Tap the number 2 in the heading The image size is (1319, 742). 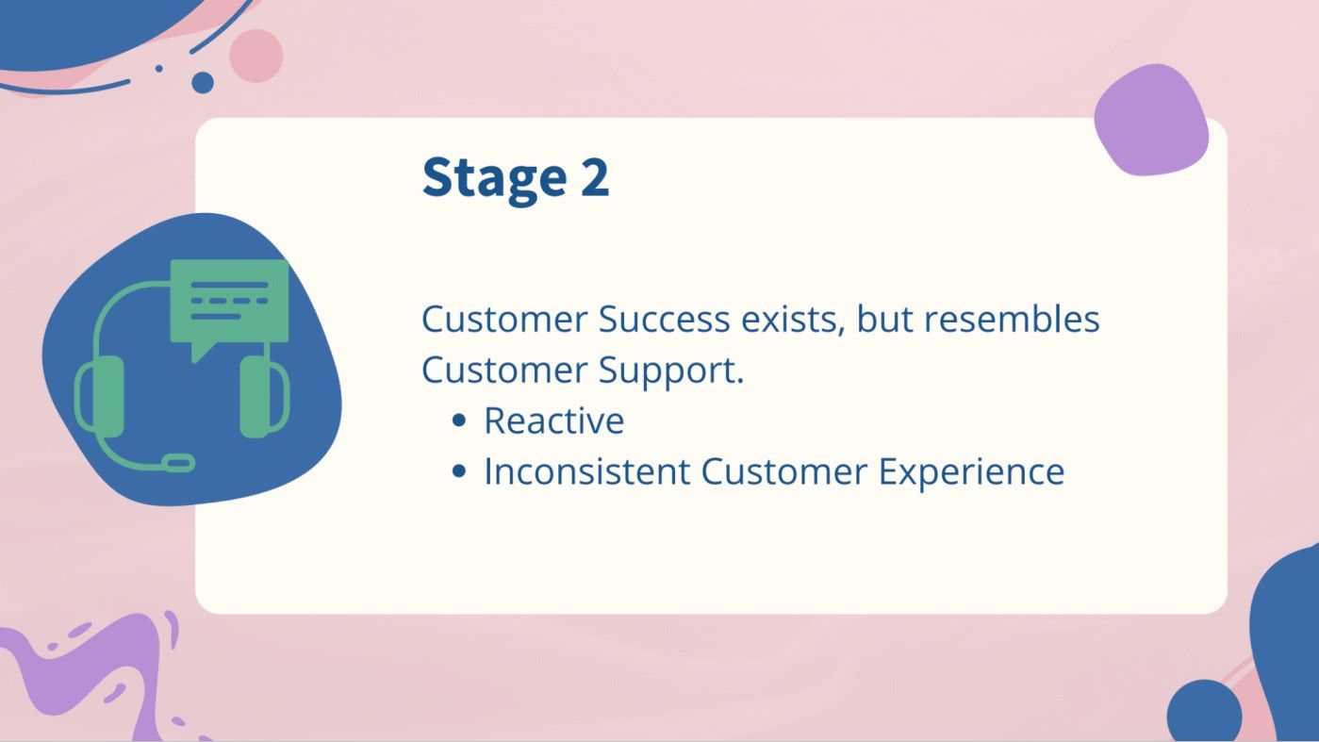click(594, 177)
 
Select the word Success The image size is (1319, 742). click(664, 320)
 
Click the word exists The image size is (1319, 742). click(791, 320)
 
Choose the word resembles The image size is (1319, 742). click(1012, 320)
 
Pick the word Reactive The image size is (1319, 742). click(553, 421)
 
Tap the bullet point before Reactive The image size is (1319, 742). click(459, 421)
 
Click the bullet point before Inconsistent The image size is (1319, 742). click(459, 471)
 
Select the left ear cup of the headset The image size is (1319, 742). click(101, 396)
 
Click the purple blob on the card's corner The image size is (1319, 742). click(1151, 120)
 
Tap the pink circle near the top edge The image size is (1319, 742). click(256, 56)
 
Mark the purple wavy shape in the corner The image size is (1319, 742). click(94, 669)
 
